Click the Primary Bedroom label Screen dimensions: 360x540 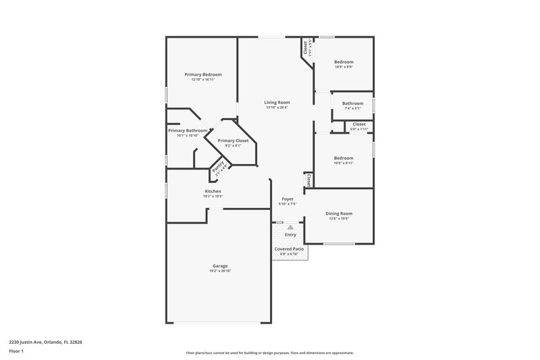pyautogui.click(x=203, y=74)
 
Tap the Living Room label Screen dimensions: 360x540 pyautogui.click(x=277, y=102)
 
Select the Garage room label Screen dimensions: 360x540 pyautogui.click(x=219, y=265)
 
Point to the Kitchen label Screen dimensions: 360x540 pyautogui.click(x=213, y=191)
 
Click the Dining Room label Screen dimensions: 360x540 pyautogui.click(x=340, y=213)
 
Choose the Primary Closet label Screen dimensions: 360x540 pyautogui.click(x=233, y=140)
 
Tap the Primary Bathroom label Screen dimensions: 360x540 pyautogui.click(x=187, y=130)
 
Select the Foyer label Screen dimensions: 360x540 pyautogui.click(x=288, y=199)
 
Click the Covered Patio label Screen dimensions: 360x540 pyautogui.click(x=289, y=249)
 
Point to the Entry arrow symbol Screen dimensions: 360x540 pyautogui.click(x=290, y=228)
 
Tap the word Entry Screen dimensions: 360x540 pyautogui.click(x=290, y=234)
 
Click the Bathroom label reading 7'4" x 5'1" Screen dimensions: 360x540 pyautogui.click(x=352, y=103)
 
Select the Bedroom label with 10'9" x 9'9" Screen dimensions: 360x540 pyautogui.click(x=344, y=62)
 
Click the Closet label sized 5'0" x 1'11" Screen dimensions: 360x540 pyautogui.click(x=358, y=124)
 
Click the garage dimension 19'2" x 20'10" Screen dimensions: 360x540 pyautogui.click(x=219, y=271)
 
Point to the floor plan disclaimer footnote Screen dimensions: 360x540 pyautogui.click(x=269, y=353)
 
